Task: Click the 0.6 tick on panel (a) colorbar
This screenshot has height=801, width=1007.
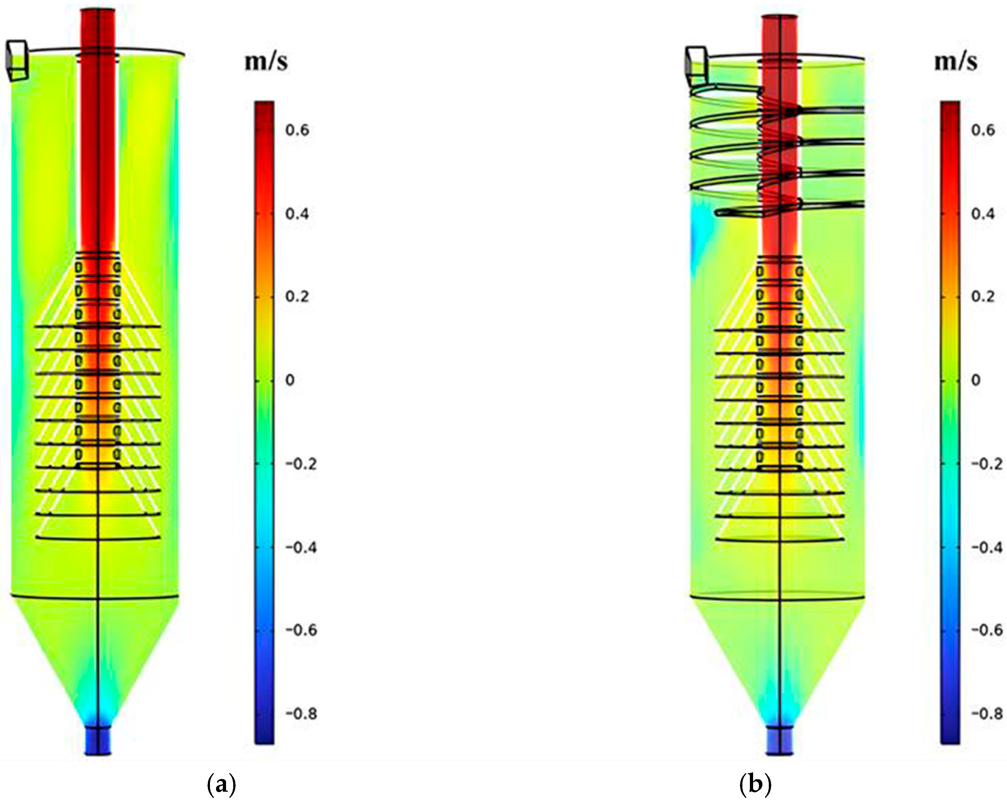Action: click(x=297, y=130)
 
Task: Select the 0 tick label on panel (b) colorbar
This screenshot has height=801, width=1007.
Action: click(x=976, y=380)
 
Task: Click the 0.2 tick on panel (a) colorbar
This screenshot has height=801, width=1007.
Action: click(x=297, y=297)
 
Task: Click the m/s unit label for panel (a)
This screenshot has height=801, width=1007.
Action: click(x=266, y=62)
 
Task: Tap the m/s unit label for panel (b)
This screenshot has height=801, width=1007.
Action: click(x=956, y=62)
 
